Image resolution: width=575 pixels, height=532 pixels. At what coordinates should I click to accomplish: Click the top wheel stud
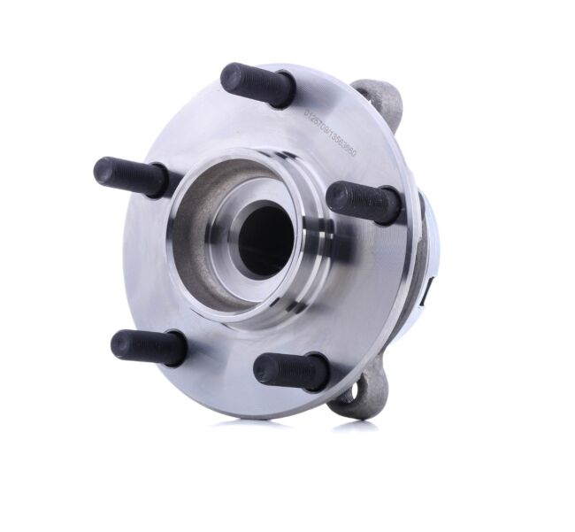click(x=257, y=85)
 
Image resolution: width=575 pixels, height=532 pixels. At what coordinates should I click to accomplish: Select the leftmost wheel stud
click(x=131, y=176)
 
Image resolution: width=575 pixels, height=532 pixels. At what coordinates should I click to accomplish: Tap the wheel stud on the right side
click(x=364, y=201)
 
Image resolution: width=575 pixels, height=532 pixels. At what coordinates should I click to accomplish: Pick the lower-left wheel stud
click(x=149, y=346)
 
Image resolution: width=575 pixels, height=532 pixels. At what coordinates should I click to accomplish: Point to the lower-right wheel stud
click(x=291, y=371)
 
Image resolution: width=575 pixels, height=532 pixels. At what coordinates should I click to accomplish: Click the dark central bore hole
click(x=264, y=238)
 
